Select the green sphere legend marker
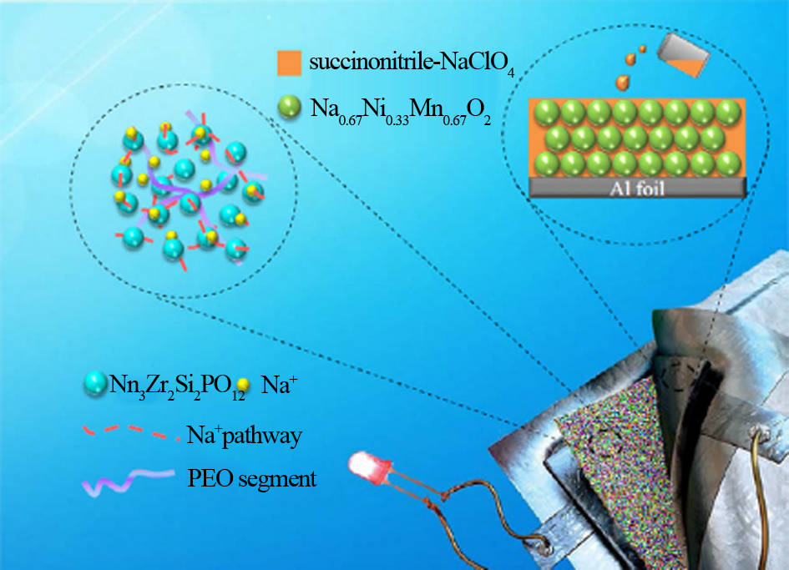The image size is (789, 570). coord(289,107)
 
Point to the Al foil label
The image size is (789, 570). coord(638,188)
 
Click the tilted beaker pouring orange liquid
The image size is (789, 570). coord(682,54)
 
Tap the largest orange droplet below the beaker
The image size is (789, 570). coord(623,81)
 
